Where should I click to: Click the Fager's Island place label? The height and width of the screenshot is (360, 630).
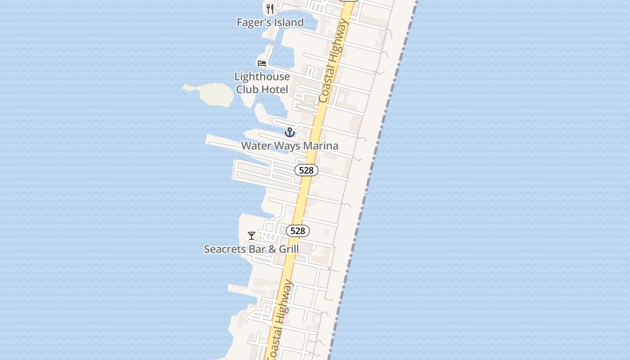(x=270, y=22)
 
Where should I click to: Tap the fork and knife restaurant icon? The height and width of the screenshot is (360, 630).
(x=270, y=9)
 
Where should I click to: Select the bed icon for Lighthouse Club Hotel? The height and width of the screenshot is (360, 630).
(x=262, y=63)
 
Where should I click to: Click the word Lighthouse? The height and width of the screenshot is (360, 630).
(x=262, y=76)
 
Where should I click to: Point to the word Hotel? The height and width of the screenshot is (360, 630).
(x=274, y=90)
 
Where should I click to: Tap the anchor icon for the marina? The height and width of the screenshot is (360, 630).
(x=290, y=132)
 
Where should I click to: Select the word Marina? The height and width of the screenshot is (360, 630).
(x=320, y=146)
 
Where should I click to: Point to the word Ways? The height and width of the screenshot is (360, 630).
(x=286, y=146)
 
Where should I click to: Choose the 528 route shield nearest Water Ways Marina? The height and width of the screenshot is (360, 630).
(x=306, y=170)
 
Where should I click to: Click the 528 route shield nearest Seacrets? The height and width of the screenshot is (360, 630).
(x=298, y=231)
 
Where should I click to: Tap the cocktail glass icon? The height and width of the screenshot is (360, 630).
(x=252, y=235)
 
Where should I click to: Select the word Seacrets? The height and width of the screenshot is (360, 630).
(x=225, y=249)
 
